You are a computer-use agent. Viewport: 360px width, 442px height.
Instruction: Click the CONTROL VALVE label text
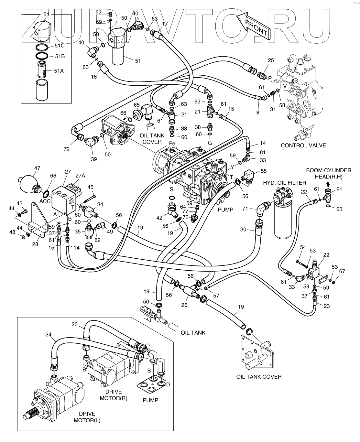303,145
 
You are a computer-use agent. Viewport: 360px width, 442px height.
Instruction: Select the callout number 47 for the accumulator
38,168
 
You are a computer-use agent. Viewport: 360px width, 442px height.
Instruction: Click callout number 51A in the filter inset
59,70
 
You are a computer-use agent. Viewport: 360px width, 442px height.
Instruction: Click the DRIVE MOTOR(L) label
85,417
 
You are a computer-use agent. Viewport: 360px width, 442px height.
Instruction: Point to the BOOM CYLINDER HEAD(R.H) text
328,173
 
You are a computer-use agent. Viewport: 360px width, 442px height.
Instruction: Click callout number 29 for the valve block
326,255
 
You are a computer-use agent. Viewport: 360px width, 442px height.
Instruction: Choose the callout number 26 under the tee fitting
184,304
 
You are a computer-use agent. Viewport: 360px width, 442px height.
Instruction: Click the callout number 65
137,105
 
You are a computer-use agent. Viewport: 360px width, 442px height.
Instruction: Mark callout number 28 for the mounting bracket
35,244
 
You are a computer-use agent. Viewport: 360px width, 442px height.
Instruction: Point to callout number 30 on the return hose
243,230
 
